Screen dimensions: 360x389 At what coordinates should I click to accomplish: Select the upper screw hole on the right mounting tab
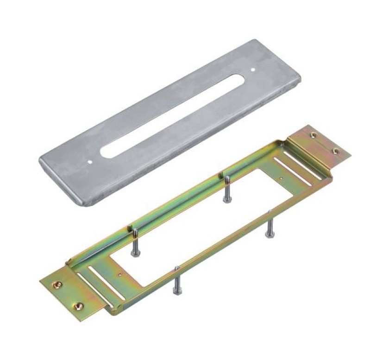314,135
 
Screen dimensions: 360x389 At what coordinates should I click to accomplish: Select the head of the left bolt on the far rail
134,253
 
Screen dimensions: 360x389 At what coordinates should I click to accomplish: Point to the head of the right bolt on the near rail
269,236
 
